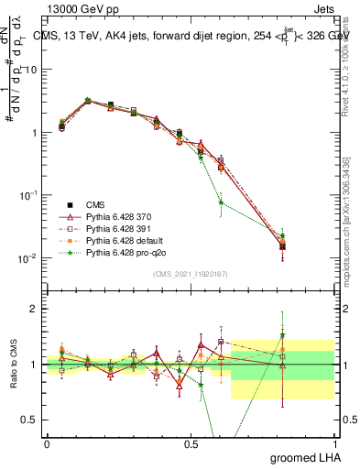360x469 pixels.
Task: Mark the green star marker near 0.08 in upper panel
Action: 221,202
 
